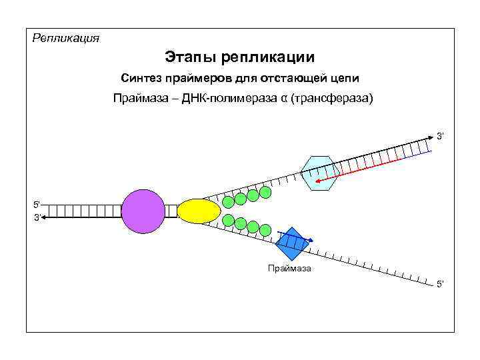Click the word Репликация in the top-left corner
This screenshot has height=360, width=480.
coord(66,38)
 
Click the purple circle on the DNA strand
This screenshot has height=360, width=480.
coord(143,211)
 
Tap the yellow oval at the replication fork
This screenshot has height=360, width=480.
coord(199,211)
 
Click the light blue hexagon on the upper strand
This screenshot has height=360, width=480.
coord(321,173)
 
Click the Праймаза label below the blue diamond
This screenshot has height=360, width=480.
coord(289,269)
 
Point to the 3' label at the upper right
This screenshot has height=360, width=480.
coord(440,136)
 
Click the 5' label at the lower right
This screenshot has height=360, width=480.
coord(440,285)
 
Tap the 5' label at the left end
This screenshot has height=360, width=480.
coord(37,203)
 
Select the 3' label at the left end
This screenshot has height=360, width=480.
coord(37,217)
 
